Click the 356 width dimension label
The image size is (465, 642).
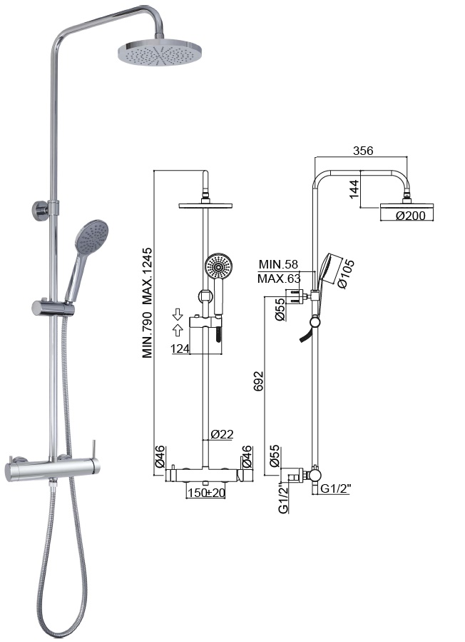[x=363, y=151]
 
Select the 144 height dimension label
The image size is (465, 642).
[x=354, y=189]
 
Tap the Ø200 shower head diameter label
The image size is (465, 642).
[x=411, y=216]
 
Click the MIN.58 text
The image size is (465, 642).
[x=279, y=264]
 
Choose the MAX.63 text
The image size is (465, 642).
[x=279, y=279]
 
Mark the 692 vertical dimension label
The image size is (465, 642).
[x=258, y=381]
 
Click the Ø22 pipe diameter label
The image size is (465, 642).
[x=222, y=434]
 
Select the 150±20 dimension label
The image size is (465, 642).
[x=207, y=493]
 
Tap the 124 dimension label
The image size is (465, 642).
[x=180, y=348]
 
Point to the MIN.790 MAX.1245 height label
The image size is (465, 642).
[x=147, y=303]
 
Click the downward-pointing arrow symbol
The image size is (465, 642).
[x=178, y=314]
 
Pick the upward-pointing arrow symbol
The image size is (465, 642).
[x=178, y=330]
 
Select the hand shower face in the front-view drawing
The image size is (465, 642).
[x=219, y=267]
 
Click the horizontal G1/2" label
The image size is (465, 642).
[x=335, y=488]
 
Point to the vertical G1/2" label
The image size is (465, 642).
[x=283, y=498]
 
